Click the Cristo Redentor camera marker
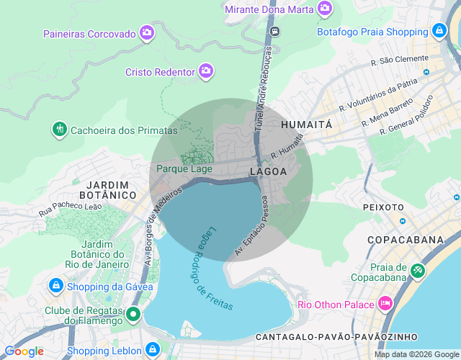[207, 71]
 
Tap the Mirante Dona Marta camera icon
[326, 9]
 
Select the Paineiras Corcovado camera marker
[148, 32]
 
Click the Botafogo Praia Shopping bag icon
[439, 31]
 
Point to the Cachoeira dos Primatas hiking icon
[59, 130]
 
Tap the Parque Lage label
[184, 169]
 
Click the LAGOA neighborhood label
[268, 171]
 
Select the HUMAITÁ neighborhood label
[306, 124]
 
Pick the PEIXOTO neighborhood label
[384, 207]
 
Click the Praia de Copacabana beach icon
[417, 270]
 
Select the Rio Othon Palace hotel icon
[385, 303]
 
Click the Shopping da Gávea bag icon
[55, 286]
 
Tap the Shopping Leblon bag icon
[152, 350]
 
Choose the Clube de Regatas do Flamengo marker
[133, 314]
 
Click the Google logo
[24, 351]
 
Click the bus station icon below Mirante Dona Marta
[274, 31]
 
